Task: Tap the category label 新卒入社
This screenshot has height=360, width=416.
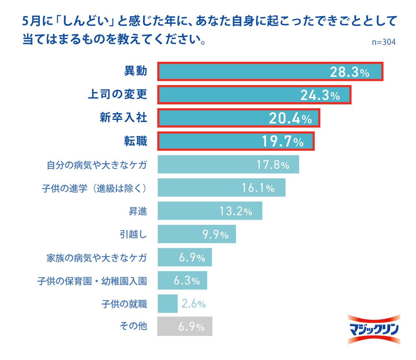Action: click(x=123, y=118)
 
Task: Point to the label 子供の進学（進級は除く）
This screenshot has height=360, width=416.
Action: click(x=94, y=188)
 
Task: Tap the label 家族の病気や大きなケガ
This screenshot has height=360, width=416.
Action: click(x=97, y=258)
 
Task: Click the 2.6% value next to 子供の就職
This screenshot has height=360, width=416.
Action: click(x=193, y=304)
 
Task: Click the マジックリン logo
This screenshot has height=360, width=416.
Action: click(x=374, y=329)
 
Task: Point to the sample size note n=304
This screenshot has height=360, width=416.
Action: click(x=384, y=42)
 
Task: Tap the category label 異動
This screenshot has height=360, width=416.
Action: click(x=136, y=71)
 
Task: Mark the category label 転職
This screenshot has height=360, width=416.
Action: click(x=136, y=141)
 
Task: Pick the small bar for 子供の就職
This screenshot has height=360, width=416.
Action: click(x=168, y=304)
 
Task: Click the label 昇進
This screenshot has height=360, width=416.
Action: click(x=138, y=211)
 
